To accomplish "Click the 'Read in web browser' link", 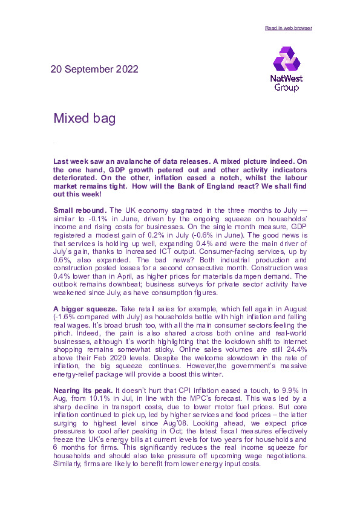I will pos(289,28).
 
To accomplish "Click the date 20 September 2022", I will pos(96,70).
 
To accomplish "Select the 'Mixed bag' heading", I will pos(84,118).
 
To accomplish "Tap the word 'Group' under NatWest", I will pos(286,88).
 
